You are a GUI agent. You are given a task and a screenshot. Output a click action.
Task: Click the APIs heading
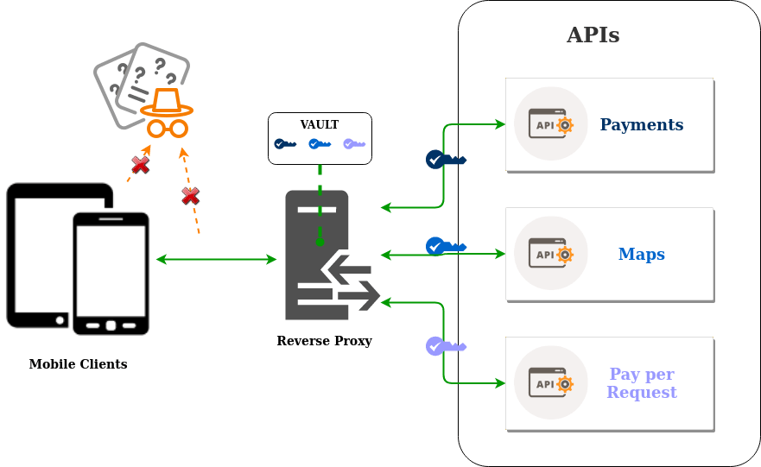pyautogui.click(x=593, y=35)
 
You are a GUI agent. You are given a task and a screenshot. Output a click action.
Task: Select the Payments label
pyautogui.click(x=641, y=125)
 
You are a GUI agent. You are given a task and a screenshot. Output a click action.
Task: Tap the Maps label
pyautogui.click(x=641, y=255)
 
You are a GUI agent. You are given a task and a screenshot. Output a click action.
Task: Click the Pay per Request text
pyautogui.click(x=641, y=383)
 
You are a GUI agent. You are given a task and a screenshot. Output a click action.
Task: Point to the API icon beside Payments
pyautogui.click(x=550, y=124)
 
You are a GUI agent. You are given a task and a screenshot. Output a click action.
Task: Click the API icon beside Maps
pyautogui.click(x=550, y=254)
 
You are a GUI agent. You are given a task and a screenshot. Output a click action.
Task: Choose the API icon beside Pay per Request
pyautogui.click(x=550, y=382)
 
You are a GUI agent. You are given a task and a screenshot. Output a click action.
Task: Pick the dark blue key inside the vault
pyautogui.click(x=285, y=144)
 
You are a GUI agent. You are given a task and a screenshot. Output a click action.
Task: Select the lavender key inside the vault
pyautogui.click(x=354, y=144)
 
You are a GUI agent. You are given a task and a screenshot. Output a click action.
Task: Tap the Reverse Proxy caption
pyautogui.click(x=324, y=341)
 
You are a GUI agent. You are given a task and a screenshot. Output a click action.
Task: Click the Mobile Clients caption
pyautogui.click(x=78, y=364)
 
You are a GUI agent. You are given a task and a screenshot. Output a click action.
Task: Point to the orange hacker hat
pyautogui.click(x=167, y=102)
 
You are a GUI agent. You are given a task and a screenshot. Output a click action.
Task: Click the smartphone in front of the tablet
pyautogui.click(x=111, y=273)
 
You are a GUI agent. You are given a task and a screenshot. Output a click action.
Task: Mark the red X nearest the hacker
pyautogui.click(x=139, y=164)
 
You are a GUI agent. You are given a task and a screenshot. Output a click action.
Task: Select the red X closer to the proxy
pyautogui.click(x=190, y=196)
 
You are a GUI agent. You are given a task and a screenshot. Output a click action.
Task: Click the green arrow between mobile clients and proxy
pyautogui.click(x=216, y=259)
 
